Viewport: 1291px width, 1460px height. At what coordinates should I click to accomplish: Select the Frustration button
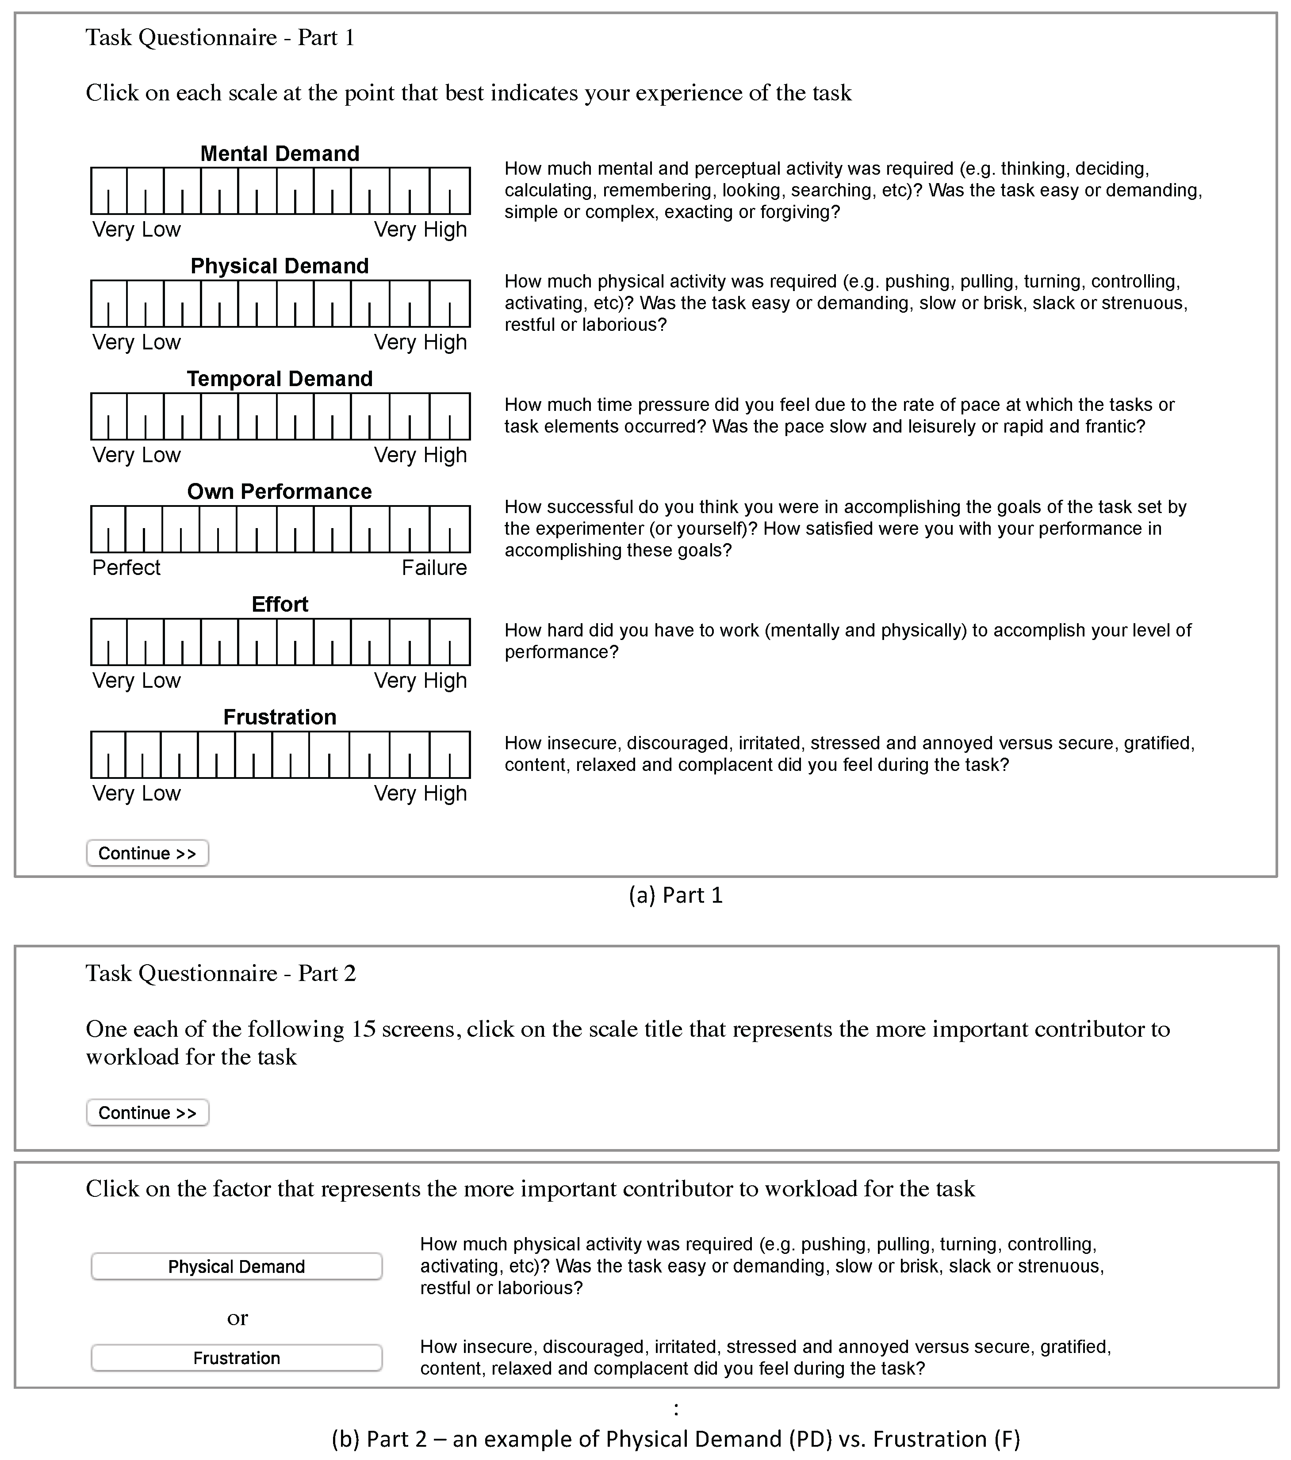[237, 1358]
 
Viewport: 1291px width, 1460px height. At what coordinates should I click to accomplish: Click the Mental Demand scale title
[280, 153]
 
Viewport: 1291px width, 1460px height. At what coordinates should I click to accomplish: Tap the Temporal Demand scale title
[280, 379]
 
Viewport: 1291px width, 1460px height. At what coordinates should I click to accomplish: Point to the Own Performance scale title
[280, 491]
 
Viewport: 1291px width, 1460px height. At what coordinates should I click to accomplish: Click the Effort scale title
[280, 604]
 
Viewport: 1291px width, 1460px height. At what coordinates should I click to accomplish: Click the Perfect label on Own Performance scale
[126, 568]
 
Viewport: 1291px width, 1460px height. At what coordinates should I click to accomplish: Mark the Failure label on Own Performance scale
[434, 568]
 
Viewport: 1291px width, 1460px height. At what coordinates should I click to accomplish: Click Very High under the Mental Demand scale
[420, 230]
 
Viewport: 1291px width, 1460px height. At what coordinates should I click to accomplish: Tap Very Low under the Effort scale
[137, 681]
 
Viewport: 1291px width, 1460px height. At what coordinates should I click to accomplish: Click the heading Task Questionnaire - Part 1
[220, 37]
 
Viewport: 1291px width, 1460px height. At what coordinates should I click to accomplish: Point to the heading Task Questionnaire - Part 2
[221, 973]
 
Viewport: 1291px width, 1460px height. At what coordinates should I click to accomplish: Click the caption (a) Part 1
[675, 895]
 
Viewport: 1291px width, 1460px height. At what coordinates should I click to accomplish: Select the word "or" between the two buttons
[237, 1318]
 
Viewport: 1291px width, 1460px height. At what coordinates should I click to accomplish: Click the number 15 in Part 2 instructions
[363, 1029]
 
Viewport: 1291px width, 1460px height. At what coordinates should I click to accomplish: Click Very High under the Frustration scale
[420, 793]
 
